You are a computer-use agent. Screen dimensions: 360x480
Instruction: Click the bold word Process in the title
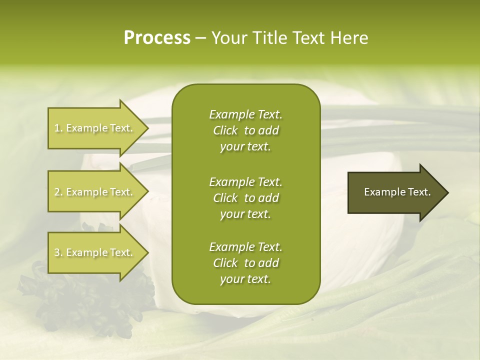click(x=157, y=38)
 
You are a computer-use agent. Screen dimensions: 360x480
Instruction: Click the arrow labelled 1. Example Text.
click(x=95, y=128)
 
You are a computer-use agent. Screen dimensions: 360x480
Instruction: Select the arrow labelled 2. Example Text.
click(x=95, y=192)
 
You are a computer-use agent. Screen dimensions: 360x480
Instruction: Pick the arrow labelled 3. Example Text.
click(x=95, y=252)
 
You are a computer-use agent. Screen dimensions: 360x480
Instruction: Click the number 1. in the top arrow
click(x=58, y=128)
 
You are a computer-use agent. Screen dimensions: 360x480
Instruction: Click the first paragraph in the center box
click(x=245, y=130)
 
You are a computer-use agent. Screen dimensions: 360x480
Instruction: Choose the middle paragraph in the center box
click(x=245, y=198)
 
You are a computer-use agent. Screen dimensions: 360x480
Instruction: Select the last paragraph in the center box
click(x=245, y=263)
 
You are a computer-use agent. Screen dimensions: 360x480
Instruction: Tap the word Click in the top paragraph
click(x=225, y=130)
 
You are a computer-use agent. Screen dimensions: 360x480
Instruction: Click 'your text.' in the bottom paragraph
click(x=245, y=279)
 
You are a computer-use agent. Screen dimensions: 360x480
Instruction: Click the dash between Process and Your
click(x=200, y=38)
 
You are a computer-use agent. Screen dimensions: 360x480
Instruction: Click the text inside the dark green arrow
click(x=397, y=192)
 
